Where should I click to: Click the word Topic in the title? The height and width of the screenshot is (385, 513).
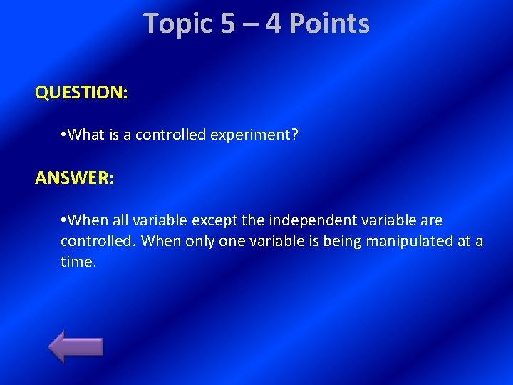pos(178,24)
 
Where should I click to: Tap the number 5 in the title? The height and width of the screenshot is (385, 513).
pos(228,24)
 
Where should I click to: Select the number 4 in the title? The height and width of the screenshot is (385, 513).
pos(274,24)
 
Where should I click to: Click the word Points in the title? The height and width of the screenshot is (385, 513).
pos(330,24)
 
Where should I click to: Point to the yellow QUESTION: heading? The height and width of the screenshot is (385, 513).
pos(81,93)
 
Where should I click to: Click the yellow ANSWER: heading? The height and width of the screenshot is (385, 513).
pos(74,178)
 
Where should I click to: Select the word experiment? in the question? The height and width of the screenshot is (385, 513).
pos(254,135)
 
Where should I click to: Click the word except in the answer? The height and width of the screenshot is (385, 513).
pos(217,220)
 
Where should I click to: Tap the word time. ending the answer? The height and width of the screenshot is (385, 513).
pos(78,262)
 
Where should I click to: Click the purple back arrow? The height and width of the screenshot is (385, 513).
pos(76,347)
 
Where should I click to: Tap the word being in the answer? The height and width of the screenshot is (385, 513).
pos(342,241)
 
